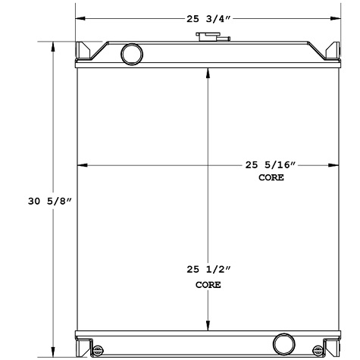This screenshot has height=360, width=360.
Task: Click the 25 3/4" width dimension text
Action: (205, 19)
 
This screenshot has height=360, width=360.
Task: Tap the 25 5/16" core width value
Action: (271, 165)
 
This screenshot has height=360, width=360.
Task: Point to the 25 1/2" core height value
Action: (207, 269)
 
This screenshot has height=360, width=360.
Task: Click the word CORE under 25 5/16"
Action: (271, 177)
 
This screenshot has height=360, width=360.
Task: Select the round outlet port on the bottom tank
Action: (284, 342)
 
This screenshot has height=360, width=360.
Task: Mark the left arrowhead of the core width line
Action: (83, 164)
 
